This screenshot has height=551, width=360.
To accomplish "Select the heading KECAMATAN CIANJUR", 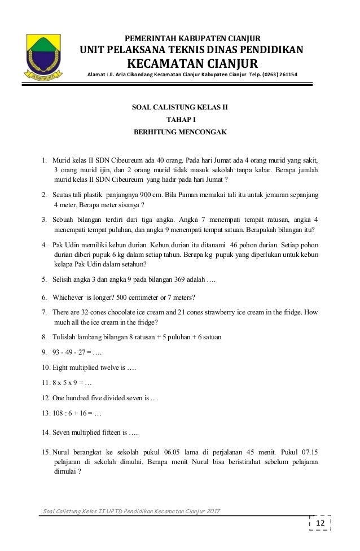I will coord(192,62).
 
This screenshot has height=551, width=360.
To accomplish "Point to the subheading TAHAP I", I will coord(179,119).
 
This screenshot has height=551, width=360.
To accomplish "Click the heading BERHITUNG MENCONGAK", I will coord(179,133).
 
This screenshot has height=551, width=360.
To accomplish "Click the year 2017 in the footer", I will coord(209,511).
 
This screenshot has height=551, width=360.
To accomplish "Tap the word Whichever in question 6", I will coord(67,298).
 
